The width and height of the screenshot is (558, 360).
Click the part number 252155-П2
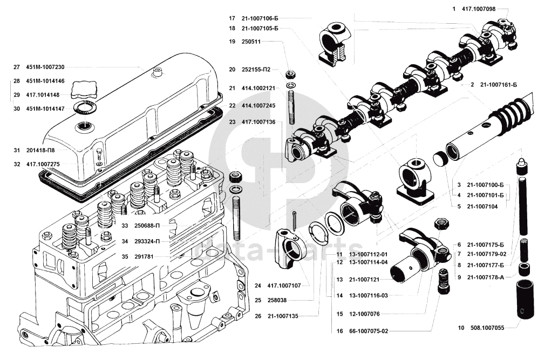[256, 70]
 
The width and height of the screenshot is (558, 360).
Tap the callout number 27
[16, 67]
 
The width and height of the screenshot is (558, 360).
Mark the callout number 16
[339, 331]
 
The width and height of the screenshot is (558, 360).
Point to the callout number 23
[232, 122]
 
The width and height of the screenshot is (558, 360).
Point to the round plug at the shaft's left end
[441, 160]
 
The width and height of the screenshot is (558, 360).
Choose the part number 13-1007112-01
[368, 254]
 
